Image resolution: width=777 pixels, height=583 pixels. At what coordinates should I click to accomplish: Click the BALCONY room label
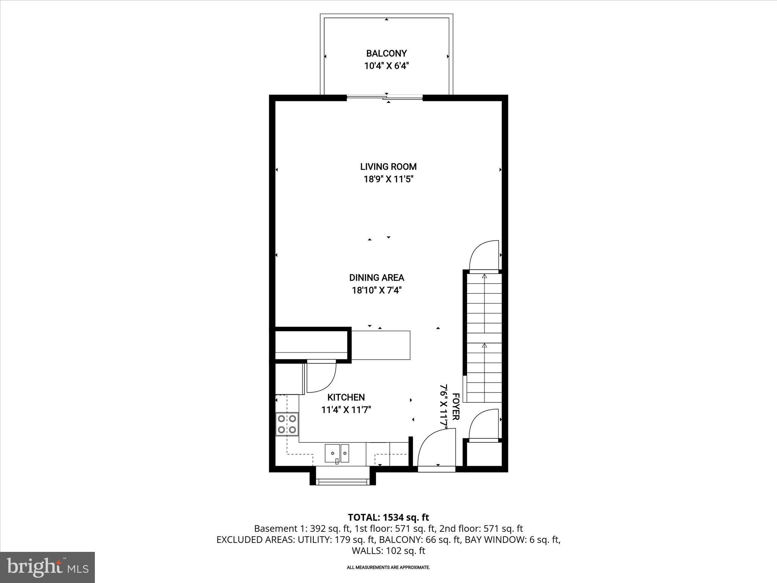point(386,54)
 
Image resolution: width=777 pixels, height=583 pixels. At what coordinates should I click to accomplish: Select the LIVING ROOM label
point(388,167)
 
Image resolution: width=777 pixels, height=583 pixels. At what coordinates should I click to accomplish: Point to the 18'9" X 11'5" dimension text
point(388,179)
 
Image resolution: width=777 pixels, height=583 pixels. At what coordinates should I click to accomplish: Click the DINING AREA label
point(376,278)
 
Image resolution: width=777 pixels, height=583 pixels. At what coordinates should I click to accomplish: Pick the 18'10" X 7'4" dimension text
point(376,290)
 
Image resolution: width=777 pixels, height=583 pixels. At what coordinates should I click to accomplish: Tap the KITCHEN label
point(346,397)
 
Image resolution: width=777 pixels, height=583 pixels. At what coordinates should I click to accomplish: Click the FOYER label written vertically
point(456,407)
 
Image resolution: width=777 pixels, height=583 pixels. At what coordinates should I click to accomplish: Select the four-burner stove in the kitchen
point(287,424)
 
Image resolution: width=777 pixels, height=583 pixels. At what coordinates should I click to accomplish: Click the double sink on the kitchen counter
point(337,453)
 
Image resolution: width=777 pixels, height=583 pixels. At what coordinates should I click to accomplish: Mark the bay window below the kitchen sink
point(343,481)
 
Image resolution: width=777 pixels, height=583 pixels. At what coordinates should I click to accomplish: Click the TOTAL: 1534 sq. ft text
point(388,517)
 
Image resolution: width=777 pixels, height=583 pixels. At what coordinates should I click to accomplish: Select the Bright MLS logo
point(47,567)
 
